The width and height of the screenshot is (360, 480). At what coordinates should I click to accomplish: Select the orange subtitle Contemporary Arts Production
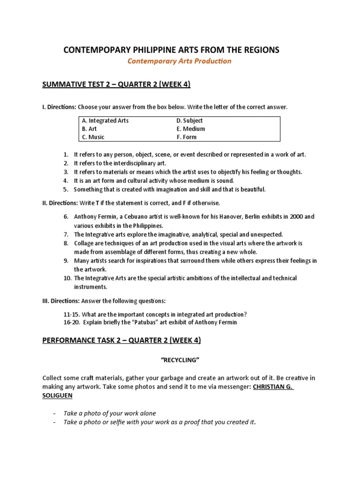[x=180, y=61]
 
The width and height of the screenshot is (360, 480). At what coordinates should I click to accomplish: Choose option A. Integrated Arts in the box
[x=105, y=120]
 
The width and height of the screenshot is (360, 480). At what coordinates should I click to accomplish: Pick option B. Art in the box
[x=89, y=129]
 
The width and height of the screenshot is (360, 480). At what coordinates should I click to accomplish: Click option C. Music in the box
[x=93, y=137]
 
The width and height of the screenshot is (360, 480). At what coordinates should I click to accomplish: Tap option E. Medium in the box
[x=191, y=129]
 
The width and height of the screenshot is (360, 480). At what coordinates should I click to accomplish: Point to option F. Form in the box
[x=187, y=137]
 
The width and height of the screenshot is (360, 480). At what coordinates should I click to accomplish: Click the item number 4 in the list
[x=66, y=180]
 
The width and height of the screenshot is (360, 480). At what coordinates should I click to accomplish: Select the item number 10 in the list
[x=67, y=278]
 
